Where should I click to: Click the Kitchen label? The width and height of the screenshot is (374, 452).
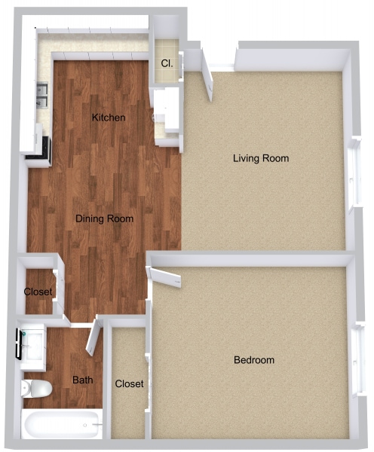pos(109,118)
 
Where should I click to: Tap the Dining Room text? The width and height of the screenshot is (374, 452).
pos(104,219)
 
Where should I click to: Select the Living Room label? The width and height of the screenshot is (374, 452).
pos(261,159)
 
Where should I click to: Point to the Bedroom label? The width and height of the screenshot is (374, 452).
pos(253,360)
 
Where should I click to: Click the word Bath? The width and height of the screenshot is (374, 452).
pos(82,380)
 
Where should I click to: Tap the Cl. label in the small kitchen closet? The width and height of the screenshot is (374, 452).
pos(167,65)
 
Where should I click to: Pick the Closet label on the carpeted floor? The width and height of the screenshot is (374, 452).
pos(129,384)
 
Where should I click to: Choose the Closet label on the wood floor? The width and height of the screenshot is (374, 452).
pos(38,292)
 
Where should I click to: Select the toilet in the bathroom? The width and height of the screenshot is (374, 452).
pos(35,389)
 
